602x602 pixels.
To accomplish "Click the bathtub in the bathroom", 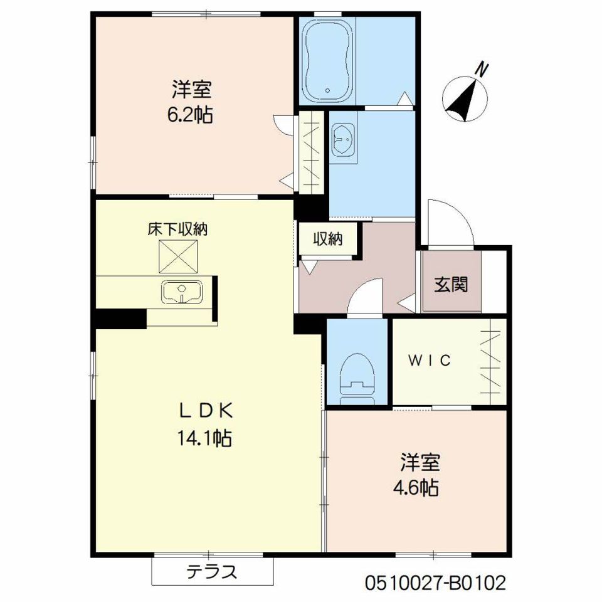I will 327,61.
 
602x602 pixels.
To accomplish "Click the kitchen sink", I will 182,292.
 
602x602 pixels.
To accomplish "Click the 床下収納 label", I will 177,230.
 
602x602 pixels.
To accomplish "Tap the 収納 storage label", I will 328,239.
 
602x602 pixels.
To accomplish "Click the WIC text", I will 430,361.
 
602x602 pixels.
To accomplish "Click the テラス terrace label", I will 213,572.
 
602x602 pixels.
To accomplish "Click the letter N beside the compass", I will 482,69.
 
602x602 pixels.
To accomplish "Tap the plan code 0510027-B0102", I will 435,584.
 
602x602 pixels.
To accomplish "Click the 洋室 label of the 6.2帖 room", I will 191,90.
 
